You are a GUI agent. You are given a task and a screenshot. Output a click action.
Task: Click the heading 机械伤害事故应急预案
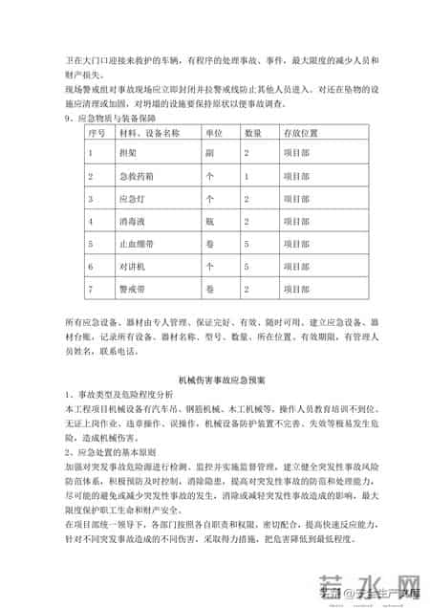213,379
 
